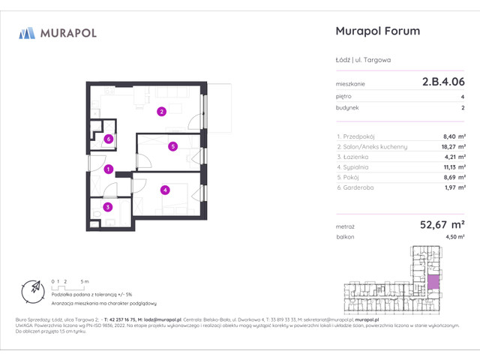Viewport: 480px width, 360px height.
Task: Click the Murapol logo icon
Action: point(27,32)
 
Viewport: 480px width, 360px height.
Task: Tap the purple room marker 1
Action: point(109,169)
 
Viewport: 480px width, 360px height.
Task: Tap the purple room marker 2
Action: point(161,112)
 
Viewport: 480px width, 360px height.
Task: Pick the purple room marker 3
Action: point(108,207)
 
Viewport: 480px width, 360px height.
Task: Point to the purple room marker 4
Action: point(164,190)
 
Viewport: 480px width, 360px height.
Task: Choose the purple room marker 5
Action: point(172,146)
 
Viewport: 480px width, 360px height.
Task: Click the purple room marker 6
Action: point(109,138)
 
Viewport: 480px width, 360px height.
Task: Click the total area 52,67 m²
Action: point(437,223)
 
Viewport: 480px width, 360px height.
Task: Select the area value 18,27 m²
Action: point(450,147)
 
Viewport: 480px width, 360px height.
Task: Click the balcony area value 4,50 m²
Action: point(452,237)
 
